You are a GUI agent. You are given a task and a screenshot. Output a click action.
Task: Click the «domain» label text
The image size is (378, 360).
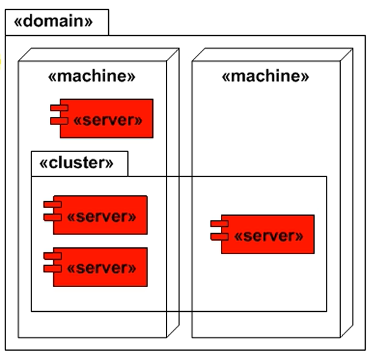click(x=53, y=21)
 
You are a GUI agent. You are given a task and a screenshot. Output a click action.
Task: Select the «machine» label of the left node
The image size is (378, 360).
click(x=92, y=76)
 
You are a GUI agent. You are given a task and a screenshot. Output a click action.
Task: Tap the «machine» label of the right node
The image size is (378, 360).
click(x=265, y=76)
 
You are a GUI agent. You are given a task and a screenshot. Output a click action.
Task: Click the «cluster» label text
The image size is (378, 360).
click(x=77, y=163)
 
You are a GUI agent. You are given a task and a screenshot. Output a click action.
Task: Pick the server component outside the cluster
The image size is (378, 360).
click(x=101, y=118)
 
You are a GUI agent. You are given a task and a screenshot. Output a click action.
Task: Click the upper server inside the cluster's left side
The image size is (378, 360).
click(x=95, y=215)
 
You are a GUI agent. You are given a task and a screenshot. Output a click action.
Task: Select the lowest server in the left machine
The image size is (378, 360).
click(x=95, y=267)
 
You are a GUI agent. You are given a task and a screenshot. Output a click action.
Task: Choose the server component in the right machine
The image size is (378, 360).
click(x=262, y=234)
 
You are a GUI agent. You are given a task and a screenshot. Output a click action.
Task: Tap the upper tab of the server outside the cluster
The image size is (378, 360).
click(x=59, y=108)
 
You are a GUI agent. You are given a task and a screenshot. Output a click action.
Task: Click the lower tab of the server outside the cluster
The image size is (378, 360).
click(x=59, y=121)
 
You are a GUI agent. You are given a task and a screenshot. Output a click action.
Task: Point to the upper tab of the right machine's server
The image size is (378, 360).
click(x=220, y=224)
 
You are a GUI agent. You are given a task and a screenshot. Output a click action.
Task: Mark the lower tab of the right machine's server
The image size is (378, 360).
click(x=220, y=237)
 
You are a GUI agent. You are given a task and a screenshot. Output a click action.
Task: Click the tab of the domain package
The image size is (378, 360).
click(x=57, y=22)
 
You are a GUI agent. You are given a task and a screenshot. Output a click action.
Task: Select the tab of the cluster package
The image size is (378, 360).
click(x=80, y=164)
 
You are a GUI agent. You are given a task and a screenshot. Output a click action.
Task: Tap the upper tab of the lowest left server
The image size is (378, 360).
click(x=53, y=256)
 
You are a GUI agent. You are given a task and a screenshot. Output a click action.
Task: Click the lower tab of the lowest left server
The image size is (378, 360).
click(x=53, y=269)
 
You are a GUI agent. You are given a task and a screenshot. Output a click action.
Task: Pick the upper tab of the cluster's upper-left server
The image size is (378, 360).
click(x=53, y=204)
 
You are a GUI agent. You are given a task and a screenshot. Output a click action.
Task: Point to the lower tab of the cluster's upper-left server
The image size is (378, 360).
click(x=53, y=217)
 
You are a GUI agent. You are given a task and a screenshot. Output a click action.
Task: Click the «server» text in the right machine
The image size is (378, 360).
click(x=268, y=236)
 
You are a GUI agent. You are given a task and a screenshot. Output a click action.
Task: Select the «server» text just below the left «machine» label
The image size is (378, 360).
click(x=108, y=120)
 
